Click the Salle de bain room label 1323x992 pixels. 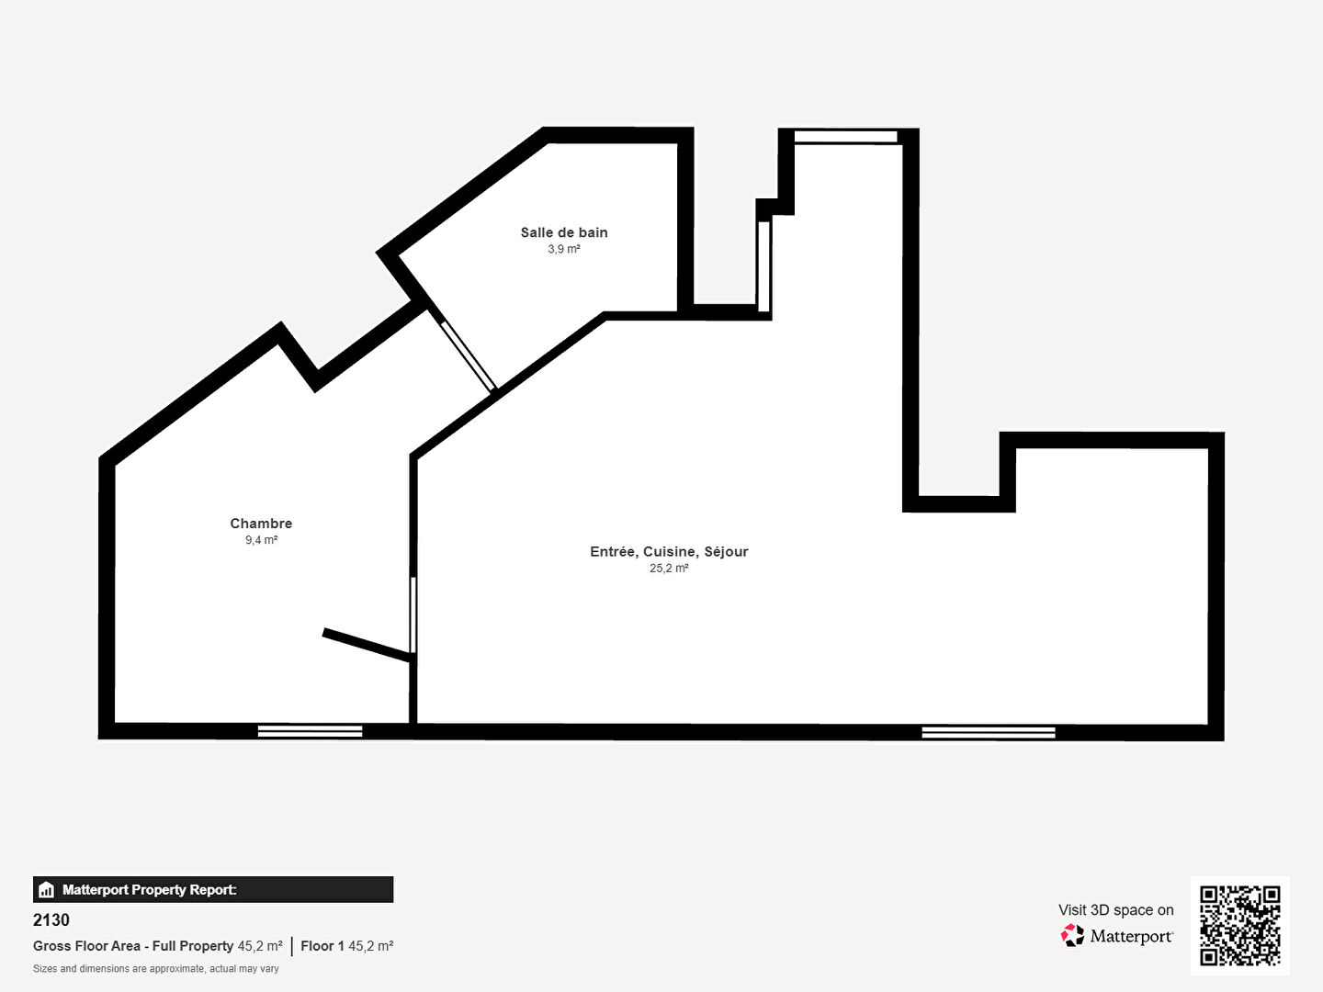[x=564, y=232]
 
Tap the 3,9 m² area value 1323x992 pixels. [x=564, y=249]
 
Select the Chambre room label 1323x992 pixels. [x=261, y=524]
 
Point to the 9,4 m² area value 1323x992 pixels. [x=261, y=540]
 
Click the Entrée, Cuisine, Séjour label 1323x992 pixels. [x=669, y=552]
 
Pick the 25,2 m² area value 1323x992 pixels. [x=669, y=568]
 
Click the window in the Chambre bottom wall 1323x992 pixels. [x=310, y=731]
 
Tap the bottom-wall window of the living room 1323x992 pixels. [x=989, y=732]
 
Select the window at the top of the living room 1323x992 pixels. [x=845, y=137]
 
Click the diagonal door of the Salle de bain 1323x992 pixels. [x=469, y=355]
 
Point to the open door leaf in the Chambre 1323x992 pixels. [x=367, y=645]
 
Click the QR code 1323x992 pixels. [x=1239, y=925]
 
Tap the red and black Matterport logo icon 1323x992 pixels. [x=1072, y=935]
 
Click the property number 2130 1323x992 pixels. [x=51, y=919]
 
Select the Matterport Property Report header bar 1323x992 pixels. [x=213, y=890]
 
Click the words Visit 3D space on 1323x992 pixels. [x=1115, y=910]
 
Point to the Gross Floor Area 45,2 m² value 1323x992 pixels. [x=260, y=946]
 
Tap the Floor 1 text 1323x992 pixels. [x=322, y=946]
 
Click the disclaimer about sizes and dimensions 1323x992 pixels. [x=155, y=969]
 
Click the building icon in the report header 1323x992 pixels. [x=46, y=890]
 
